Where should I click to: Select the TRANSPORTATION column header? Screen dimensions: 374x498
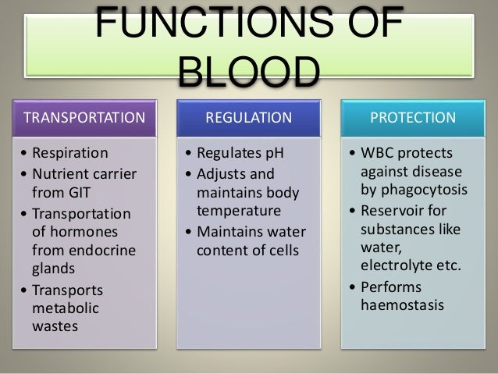point(85,119)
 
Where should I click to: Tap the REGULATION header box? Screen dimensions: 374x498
point(248,119)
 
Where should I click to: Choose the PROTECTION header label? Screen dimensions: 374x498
point(413,119)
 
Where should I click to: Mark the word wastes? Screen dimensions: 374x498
point(55,326)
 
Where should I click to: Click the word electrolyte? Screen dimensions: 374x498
point(398,265)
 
